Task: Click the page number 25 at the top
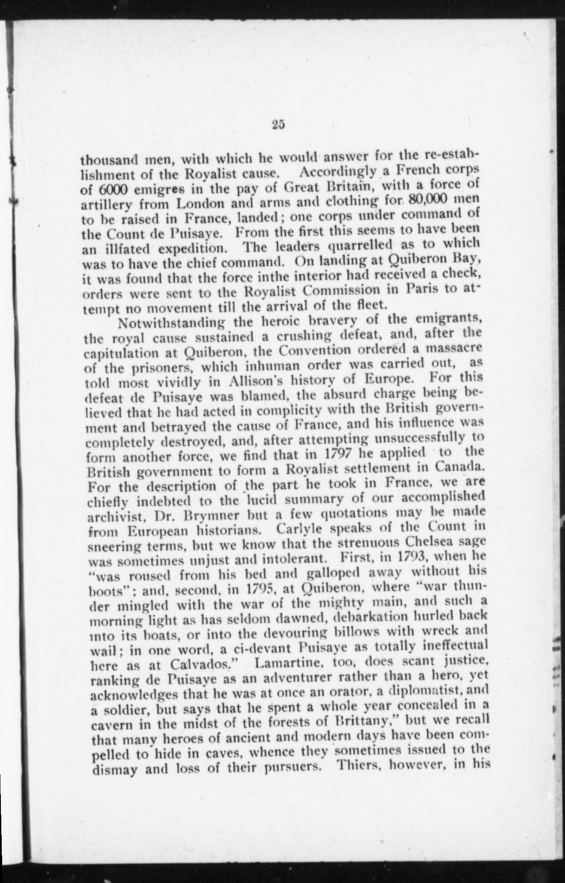(278, 125)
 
